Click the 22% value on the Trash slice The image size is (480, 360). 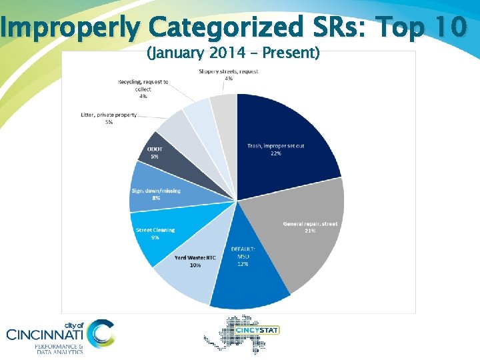point(275,153)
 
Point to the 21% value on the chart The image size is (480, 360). point(310,231)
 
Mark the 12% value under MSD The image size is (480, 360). point(243,264)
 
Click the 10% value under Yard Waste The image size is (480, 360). point(195,265)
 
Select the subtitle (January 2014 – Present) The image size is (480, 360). point(233,52)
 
